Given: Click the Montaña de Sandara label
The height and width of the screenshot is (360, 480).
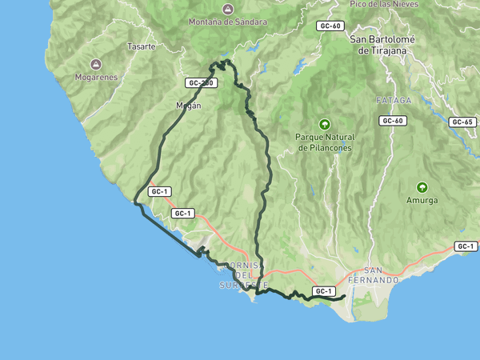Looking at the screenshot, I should (227, 22).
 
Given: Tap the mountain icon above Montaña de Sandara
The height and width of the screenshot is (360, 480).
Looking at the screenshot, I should (227, 9).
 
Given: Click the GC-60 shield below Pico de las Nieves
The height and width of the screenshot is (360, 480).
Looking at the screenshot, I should (330, 26).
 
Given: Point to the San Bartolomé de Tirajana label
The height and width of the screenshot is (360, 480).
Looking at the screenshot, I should (382, 44).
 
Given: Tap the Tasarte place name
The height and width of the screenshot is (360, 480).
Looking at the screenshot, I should (141, 46).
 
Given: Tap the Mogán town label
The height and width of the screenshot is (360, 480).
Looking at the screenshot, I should (187, 105).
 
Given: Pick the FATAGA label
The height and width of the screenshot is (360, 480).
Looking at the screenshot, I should (393, 101).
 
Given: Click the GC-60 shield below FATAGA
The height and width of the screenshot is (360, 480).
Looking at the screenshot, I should (393, 121).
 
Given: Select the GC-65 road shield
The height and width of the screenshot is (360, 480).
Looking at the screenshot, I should (462, 122).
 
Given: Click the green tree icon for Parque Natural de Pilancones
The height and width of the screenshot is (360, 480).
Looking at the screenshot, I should (324, 124).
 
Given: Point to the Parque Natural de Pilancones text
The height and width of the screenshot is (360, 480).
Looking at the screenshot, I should (325, 142).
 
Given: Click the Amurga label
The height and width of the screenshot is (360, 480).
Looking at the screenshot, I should (422, 200).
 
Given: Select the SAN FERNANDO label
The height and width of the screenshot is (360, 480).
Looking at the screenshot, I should (381, 275).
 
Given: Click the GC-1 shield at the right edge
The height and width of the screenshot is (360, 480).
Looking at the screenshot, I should (466, 246).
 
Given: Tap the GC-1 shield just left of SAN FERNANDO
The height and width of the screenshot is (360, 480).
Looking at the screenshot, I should (323, 291).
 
